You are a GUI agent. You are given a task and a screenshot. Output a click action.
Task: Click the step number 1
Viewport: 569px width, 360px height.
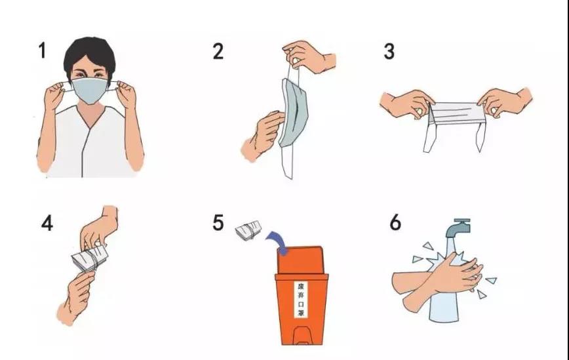[43, 50]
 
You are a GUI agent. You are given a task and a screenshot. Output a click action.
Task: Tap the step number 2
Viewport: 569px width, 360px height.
[218, 51]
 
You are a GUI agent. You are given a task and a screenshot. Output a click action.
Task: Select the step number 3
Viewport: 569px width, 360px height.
[389, 52]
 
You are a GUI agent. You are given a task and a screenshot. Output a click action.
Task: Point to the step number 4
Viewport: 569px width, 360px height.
[47, 223]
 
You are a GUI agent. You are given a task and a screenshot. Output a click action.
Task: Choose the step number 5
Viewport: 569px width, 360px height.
[218, 222]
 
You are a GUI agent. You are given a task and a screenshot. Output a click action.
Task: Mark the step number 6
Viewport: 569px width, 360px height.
[395, 222]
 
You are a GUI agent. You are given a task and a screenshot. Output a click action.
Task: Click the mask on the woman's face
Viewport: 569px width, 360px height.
[90, 90]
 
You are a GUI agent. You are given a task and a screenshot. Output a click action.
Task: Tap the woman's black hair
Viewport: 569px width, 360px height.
[90, 54]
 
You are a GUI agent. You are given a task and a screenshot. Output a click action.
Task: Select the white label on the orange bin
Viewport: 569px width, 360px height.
[300, 300]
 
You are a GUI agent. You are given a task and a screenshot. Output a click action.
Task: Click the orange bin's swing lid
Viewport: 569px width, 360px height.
[301, 260]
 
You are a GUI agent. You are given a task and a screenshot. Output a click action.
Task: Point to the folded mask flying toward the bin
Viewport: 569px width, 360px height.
[248, 230]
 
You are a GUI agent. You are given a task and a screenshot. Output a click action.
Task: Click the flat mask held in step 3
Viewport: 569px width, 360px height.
[455, 113]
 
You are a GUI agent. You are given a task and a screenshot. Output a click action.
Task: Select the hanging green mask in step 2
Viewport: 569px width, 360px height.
[294, 113]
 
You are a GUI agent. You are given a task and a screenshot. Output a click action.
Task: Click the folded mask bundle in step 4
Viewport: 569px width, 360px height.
[90, 258]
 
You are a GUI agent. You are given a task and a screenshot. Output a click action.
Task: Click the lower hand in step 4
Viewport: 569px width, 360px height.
[75, 297]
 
